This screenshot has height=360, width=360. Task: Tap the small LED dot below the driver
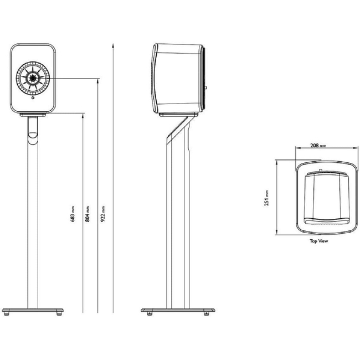pyautogui.click(x=34, y=100)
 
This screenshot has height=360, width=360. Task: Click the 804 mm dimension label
pyautogui.click(x=87, y=213)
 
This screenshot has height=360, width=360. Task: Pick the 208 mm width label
pyautogui.click(x=315, y=145)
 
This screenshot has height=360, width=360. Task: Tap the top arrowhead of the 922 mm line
pyautogui.click(x=113, y=42)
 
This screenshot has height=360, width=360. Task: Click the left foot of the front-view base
pyautogui.click(x=7, y=314)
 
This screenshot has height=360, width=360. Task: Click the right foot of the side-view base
pyautogui.click(x=205, y=313)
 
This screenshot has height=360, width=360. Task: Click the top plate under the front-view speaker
pyautogui.click(x=34, y=115)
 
